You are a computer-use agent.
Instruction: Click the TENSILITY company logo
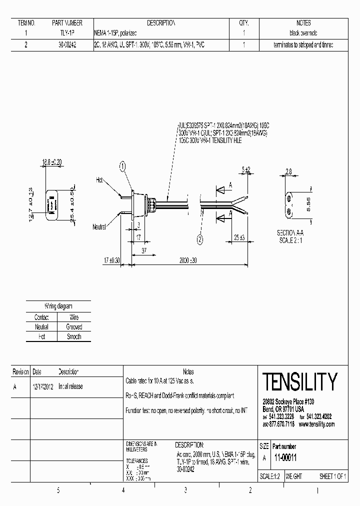[x=299, y=382]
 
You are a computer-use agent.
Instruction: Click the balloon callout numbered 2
[x=200, y=240]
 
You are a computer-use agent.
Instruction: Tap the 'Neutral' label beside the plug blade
[x=99, y=226]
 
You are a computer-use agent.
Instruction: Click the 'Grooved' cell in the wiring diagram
[x=74, y=327]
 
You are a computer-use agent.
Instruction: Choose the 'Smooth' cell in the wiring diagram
[x=74, y=336]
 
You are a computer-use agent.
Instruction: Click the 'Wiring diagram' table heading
[x=58, y=305]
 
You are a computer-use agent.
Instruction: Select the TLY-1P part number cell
[x=67, y=33]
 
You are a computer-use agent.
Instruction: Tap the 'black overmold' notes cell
[x=303, y=33]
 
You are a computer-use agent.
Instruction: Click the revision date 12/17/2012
[x=43, y=386]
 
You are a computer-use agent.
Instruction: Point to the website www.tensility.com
[x=316, y=424]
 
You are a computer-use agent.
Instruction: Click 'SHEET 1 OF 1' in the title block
[x=332, y=476]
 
